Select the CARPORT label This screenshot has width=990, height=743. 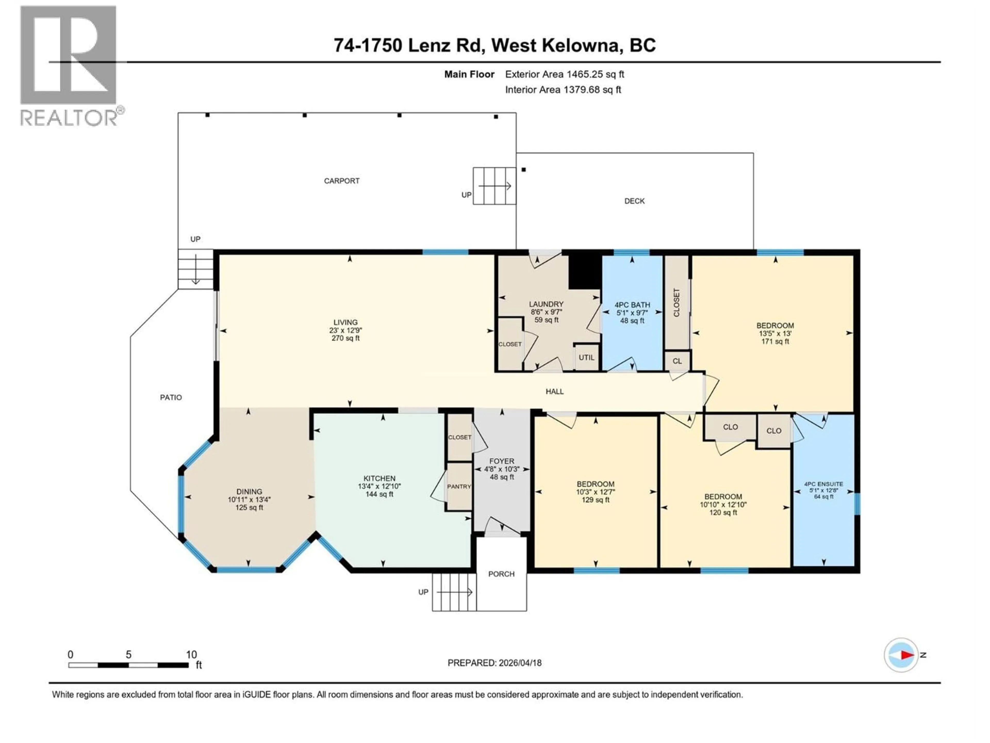342,181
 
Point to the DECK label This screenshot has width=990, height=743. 634,201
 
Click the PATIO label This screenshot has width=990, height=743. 171,397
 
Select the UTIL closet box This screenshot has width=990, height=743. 586,357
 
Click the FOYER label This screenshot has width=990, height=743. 502,461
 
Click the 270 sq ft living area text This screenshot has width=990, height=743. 345,338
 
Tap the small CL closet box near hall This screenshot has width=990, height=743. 677,361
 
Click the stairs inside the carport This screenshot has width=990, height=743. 494,186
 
